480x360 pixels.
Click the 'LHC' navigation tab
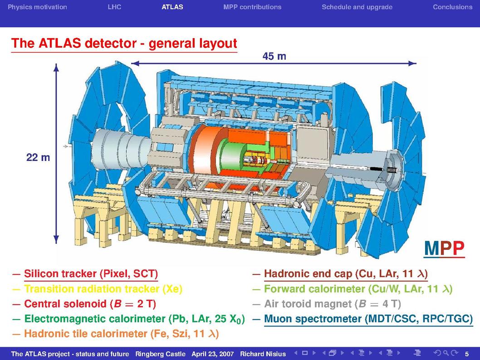[114, 7]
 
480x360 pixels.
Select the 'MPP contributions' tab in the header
[252, 7]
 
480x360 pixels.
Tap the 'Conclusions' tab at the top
[452, 7]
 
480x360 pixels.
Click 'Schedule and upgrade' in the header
[357, 7]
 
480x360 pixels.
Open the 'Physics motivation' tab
[37, 7]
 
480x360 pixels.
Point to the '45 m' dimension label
[274, 56]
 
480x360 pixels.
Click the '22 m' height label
[38, 157]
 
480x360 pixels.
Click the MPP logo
[444, 248]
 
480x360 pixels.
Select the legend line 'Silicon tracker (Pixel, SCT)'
[91, 273]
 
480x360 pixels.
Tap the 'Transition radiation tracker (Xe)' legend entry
[103, 289]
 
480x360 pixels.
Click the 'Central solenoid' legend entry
[90, 304]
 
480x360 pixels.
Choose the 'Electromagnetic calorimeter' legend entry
[134, 319]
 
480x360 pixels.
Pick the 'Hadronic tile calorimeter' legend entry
[122, 333]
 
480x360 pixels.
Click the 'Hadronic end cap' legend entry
[346, 273]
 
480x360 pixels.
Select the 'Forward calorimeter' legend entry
[358, 289]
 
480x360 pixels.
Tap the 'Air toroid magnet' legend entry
[333, 304]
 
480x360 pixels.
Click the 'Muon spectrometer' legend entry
[368, 319]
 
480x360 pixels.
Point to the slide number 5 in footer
[467, 354]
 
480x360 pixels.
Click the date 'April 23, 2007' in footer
[212, 354]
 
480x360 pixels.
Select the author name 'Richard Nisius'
[263, 354]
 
